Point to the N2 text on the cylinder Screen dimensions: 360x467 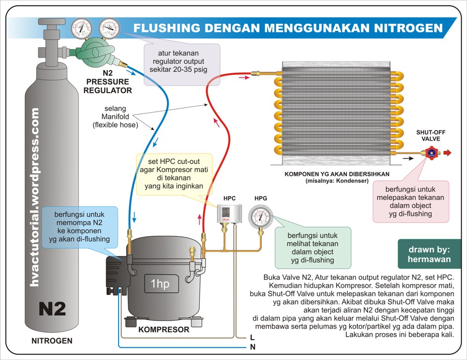52,309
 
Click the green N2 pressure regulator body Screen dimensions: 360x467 96,52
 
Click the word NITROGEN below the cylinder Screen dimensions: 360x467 52,341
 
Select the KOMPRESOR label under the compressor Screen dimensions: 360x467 164,330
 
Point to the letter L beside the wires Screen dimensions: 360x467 252,337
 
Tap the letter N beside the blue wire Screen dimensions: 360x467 252,347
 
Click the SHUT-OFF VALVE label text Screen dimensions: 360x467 430,135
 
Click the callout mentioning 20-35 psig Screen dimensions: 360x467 182,64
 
